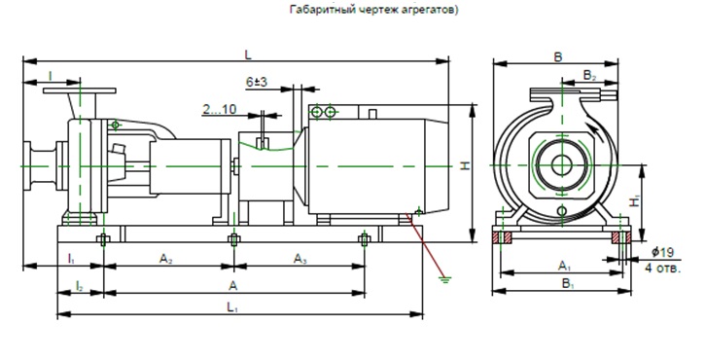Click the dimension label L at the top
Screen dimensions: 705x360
click(248, 54)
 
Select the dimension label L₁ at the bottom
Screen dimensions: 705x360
click(232, 307)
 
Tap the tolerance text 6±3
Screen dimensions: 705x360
click(257, 82)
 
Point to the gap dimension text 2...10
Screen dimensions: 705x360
click(220, 109)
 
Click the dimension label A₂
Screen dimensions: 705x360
click(166, 259)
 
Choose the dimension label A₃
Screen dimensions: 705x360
click(300, 259)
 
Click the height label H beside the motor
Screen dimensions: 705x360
click(466, 166)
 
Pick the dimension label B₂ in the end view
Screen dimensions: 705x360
click(589, 76)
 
